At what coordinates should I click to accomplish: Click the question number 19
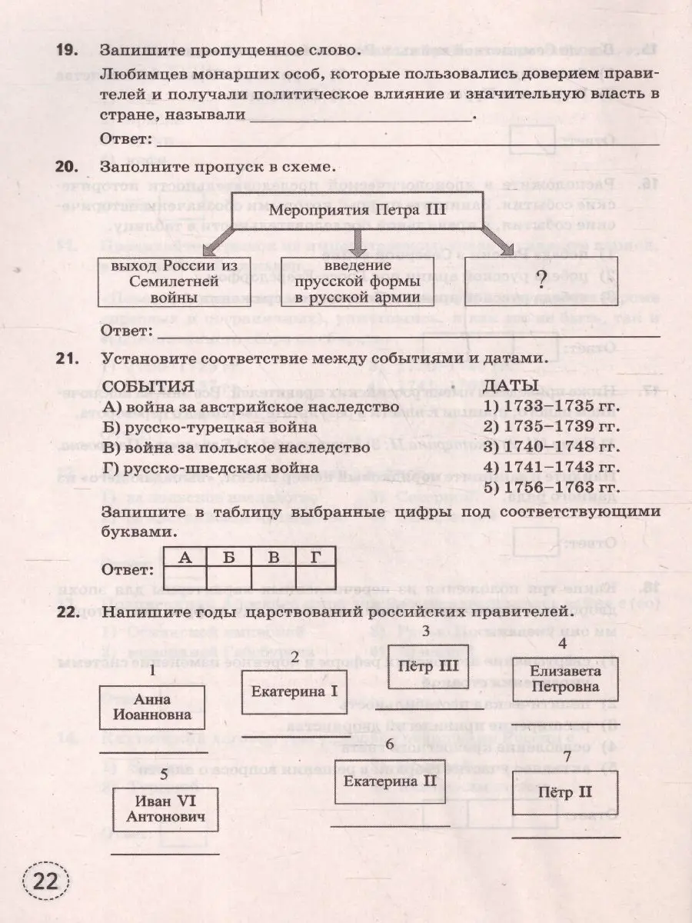coord(68,51)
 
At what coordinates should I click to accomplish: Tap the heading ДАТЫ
coord(514,385)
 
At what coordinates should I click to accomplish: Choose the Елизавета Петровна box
coord(565,678)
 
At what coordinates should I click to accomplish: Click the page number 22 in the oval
coord(47,882)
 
